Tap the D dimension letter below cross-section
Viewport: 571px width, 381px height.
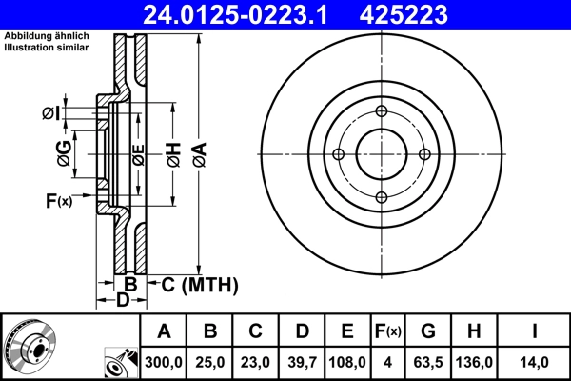pyautogui.click(x=122, y=301)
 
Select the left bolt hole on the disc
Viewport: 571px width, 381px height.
pyautogui.click(x=338, y=153)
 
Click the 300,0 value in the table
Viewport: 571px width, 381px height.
pyautogui.click(x=164, y=362)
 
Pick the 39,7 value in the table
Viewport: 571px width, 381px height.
pyautogui.click(x=302, y=362)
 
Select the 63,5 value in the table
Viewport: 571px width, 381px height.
pyautogui.click(x=428, y=362)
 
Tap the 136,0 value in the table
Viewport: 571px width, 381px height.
pyautogui.click(x=474, y=362)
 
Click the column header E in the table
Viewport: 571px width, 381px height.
pyautogui.click(x=347, y=331)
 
